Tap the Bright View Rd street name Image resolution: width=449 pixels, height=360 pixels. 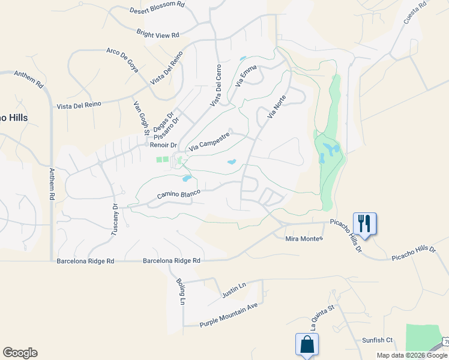[x=158, y=35]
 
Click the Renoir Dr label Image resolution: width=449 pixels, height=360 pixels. [x=164, y=145]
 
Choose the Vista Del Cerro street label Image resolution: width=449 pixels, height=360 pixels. [x=215, y=86]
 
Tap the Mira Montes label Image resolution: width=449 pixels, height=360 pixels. [x=304, y=238]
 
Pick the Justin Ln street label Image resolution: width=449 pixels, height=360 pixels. [x=234, y=291]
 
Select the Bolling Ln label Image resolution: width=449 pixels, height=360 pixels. [x=180, y=290]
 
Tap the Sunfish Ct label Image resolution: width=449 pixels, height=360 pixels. [x=377, y=340]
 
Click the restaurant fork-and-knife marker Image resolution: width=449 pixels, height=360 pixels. [x=364, y=223]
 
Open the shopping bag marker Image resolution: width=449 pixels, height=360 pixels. [x=307, y=344]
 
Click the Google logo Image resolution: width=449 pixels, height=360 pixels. [x=20, y=353]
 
